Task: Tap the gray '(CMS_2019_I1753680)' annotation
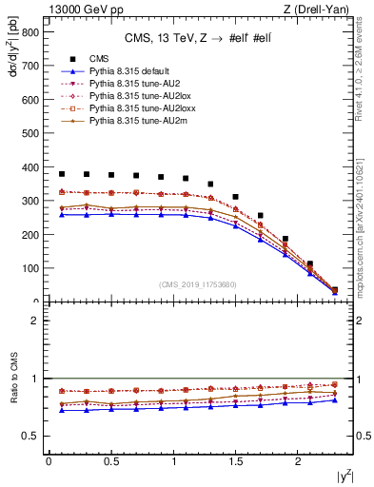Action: pos(198,283)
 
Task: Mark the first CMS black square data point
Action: pos(62,174)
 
